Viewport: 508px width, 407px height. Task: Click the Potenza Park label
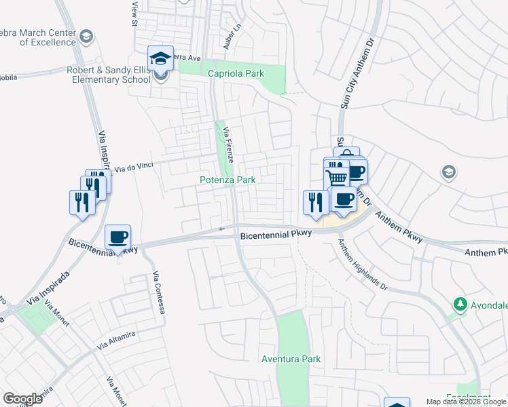[x=228, y=180]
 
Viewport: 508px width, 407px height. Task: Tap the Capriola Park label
[x=235, y=73]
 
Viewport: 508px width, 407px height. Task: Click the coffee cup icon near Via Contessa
[x=118, y=237]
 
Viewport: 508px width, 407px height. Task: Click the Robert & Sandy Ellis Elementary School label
[x=109, y=74]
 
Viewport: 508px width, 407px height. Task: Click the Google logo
[x=22, y=398]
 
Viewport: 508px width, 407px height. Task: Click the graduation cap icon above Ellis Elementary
[x=160, y=58]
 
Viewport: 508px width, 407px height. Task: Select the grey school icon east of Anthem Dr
[x=448, y=172]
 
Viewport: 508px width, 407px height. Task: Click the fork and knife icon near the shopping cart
[x=316, y=202]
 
